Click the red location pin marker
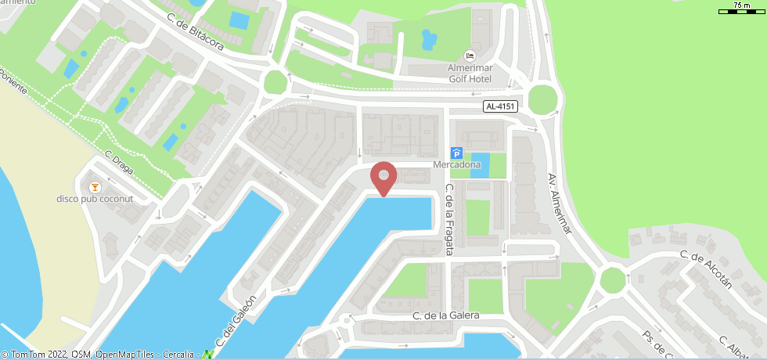pyautogui.click(x=383, y=178)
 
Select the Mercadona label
pyautogui.click(x=457, y=166)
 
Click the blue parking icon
pyautogui.click(x=457, y=153)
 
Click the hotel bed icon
pyautogui.click(x=470, y=56)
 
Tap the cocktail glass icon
pyautogui.click(x=95, y=186)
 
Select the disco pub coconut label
pyautogui.click(x=95, y=199)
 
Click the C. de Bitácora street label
pyautogui.click(x=196, y=33)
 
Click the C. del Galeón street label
pyautogui.click(x=236, y=322)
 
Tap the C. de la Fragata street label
pyautogui.click(x=449, y=221)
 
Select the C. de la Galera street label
pyautogui.click(x=446, y=315)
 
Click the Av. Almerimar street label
pyautogui.click(x=560, y=203)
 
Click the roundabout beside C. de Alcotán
pyautogui.click(x=613, y=279)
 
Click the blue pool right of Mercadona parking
pyautogui.click(x=479, y=165)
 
